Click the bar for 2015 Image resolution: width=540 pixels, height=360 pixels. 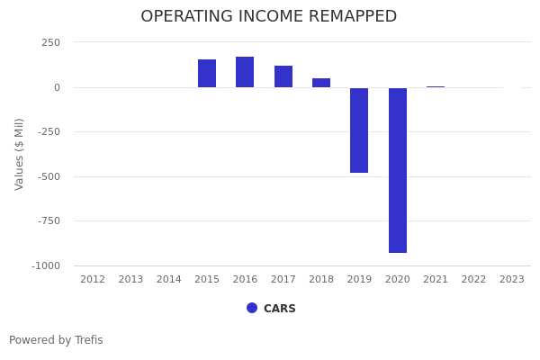[x=207, y=73]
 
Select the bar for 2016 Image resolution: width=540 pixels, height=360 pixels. [x=245, y=72]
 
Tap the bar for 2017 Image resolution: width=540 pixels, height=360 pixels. [x=283, y=76]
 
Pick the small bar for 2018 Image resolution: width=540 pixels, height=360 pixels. [x=321, y=83]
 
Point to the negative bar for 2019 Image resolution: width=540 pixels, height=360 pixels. [x=359, y=130]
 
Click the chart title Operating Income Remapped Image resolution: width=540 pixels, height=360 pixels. [x=268, y=17]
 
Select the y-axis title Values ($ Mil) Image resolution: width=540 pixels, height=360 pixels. [x=20, y=154]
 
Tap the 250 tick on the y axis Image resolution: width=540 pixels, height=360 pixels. [x=50, y=42]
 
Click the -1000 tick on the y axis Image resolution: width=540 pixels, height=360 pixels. [x=46, y=265]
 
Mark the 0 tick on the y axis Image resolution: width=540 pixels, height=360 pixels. [x=57, y=87]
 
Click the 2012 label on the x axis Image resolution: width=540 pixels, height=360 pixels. [x=93, y=280]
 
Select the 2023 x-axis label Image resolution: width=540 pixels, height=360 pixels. [x=512, y=280]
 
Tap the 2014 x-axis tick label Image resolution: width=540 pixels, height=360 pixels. [x=169, y=280]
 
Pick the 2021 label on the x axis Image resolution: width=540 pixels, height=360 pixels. [x=436, y=280]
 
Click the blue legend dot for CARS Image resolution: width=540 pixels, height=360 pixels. [x=252, y=308]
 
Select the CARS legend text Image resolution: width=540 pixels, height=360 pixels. [x=280, y=309]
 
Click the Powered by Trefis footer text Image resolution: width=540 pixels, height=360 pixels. [x=56, y=340]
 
